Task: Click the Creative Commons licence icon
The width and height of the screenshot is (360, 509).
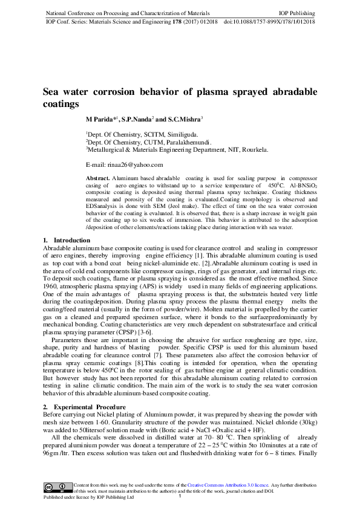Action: (x=57, y=487)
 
